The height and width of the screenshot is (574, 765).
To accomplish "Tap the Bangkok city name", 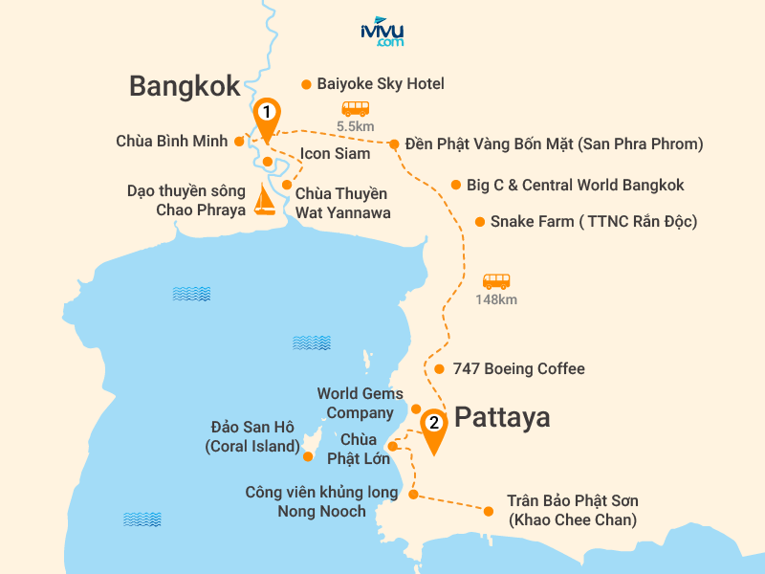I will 185,87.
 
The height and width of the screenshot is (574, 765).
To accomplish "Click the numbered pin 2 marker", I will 433,425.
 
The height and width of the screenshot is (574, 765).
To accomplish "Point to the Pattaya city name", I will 502,418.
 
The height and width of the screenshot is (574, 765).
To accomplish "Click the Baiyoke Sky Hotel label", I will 381,84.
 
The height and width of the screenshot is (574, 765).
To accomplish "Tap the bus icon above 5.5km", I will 356,109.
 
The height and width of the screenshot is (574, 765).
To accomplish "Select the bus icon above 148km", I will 496,281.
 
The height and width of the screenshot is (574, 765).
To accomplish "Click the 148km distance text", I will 496,299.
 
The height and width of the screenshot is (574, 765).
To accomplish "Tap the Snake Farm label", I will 593,222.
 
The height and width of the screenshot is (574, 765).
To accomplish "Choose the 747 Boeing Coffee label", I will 521,369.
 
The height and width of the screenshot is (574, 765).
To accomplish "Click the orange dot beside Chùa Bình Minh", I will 238,142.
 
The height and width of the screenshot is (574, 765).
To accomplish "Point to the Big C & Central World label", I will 575,185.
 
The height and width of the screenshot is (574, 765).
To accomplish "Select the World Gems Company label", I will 355,403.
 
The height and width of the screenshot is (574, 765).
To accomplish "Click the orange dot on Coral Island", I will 308,457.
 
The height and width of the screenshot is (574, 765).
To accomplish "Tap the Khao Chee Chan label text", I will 573,511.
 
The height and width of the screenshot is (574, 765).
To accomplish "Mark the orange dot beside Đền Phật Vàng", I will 393,144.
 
